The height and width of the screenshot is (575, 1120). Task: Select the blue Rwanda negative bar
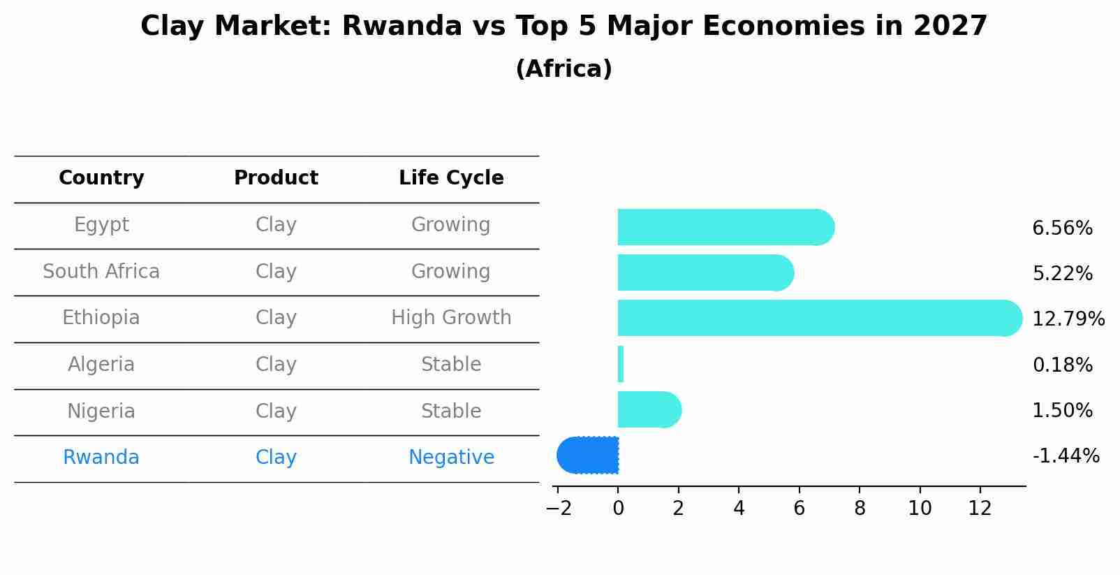tap(588, 456)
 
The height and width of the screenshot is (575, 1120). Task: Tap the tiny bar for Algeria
tap(621, 364)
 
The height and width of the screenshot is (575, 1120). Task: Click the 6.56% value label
tap(1062, 228)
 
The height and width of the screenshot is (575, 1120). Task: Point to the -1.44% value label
tap(1066, 456)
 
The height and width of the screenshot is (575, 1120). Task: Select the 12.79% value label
tap(1068, 319)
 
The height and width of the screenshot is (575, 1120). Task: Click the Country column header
tap(101, 178)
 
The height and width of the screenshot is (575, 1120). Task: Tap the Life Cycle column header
tap(451, 178)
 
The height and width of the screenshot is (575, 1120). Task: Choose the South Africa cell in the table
tap(101, 271)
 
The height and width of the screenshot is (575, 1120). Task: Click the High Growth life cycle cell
tap(451, 318)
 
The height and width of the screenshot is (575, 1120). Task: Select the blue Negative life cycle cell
tap(451, 458)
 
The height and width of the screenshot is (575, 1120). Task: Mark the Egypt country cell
tap(101, 225)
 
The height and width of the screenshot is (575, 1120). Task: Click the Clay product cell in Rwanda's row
tap(276, 458)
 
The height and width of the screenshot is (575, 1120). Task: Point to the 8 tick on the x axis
tap(860, 509)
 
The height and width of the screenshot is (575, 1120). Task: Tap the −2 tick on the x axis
tap(558, 509)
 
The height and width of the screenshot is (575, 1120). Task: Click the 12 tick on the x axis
tap(980, 509)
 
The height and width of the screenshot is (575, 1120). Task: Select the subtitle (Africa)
tap(563, 69)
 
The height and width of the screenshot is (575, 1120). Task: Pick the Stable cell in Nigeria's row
tap(451, 411)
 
